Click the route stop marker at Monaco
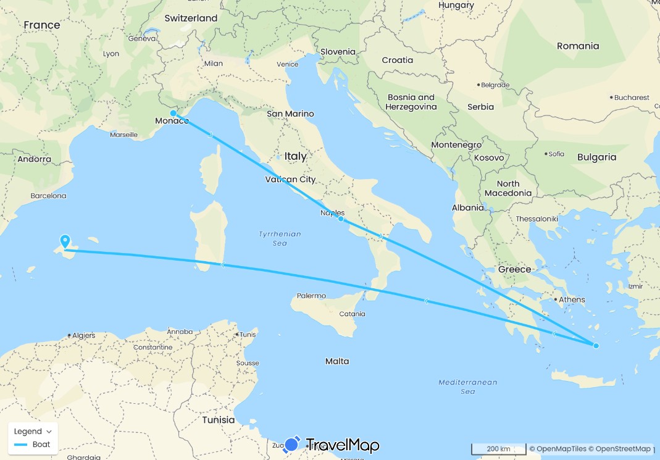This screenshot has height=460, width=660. click(x=173, y=113)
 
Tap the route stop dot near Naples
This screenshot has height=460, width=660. click(x=341, y=219)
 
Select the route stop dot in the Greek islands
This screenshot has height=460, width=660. click(x=596, y=346)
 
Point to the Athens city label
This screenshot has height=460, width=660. click(x=572, y=299)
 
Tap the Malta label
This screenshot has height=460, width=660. click(x=337, y=361)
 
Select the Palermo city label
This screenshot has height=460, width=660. click(x=311, y=296)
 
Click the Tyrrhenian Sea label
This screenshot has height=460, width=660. click(x=280, y=238)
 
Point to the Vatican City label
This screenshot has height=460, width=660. click(x=290, y=180)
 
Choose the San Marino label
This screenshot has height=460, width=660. click(x=290, y=114)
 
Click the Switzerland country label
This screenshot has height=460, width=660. click(x=191, y=19)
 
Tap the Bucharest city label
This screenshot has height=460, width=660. click(x=632, y=97)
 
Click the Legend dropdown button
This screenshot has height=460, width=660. click(x=33, y=431)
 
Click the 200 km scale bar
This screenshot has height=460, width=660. click(x=498, y=448)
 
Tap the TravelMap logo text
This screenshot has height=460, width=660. click(x=342, y=445)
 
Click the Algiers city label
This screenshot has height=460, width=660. click(x=84, y=335)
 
